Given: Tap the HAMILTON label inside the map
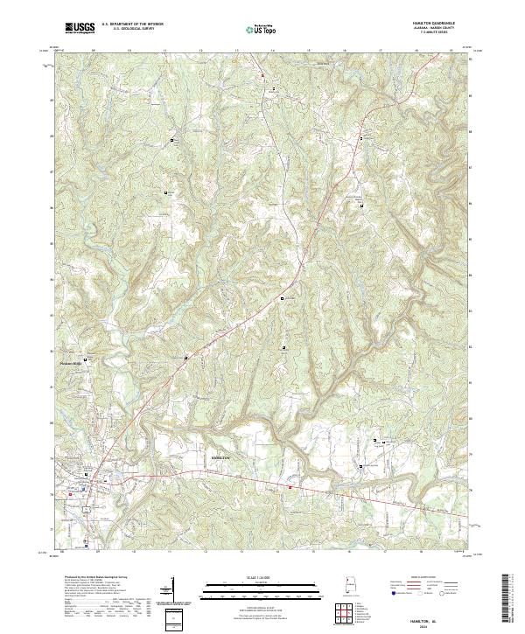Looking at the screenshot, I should coord(220,457).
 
